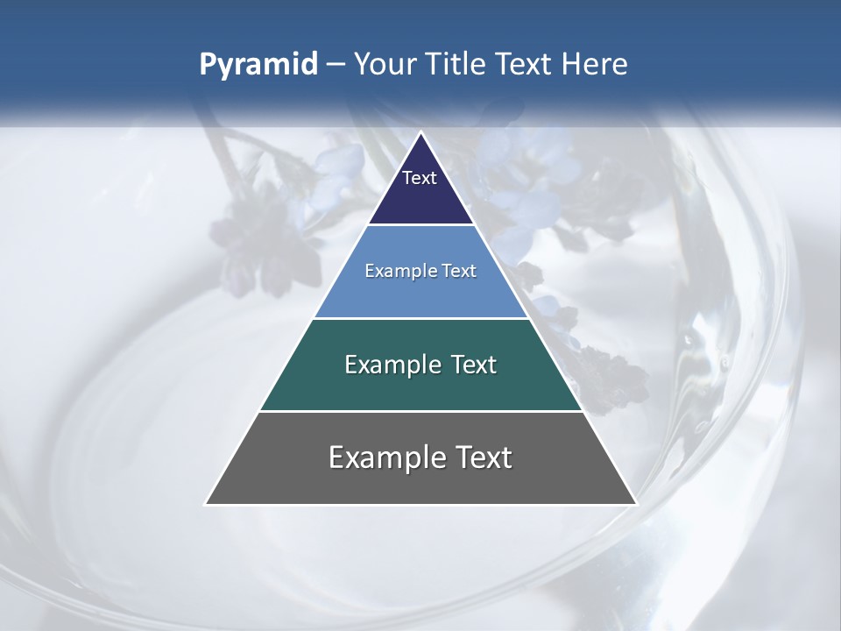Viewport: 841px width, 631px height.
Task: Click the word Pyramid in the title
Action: pyautogui.click(x=258, y=65)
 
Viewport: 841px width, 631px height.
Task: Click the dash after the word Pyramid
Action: pyautogui.click(x=335, y=65)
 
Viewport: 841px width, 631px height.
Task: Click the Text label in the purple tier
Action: pyautogui.click(x=420, y=178)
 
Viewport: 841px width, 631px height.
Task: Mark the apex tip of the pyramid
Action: pyautogui.click(x=420, y=133)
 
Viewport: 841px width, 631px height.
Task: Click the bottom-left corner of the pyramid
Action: pyautogui.click(x=207, y=504)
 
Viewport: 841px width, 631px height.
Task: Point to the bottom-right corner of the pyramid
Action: pyautogui.click(x=635, y=504)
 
